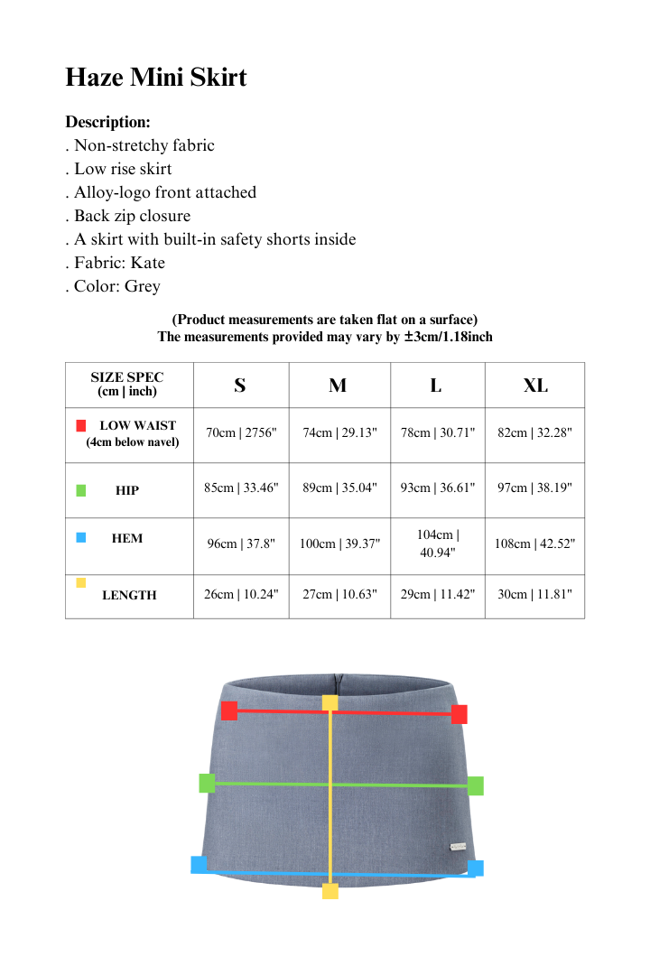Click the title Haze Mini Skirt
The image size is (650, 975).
[x=155, y=78]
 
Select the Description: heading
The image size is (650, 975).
[x=107, y=122]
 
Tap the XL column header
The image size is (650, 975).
[x=534, y=385]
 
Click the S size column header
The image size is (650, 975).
[x=240, y=385]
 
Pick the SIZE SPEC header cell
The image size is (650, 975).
[x=127, y=385]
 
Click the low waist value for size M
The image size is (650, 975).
[x=339, y=432]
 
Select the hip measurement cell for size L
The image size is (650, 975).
[x=437, y=487]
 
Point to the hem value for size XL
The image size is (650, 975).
[x=534, y=543]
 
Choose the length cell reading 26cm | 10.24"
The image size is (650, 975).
[x=241, y=595]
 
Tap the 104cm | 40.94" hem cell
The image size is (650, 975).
[x=437, y=543]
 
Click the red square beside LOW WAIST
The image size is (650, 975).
[x=81, y=425]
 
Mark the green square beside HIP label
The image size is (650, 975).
[x=81, y=490]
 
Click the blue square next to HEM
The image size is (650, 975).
[x=81, y=538]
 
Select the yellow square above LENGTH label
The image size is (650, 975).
[x=81, y=583]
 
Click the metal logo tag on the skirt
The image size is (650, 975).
[x=459, y=847]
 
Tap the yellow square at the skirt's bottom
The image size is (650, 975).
[x=330, y=891]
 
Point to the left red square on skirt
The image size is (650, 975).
[x=229, y=710]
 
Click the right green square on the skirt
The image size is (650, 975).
[x=475, y=786]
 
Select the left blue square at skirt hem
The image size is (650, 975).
[x=199, y=865]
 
